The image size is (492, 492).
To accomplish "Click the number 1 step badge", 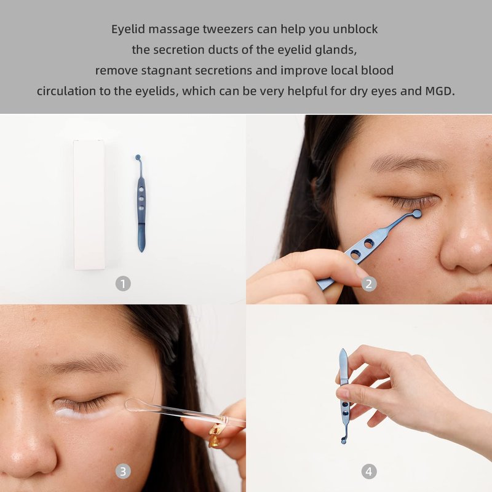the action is (x=123, y=284).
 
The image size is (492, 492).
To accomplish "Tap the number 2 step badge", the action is (x=369, y=284).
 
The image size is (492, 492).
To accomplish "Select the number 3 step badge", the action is (x=123, y=471).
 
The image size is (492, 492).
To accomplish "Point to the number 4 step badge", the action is (x=369, y=471).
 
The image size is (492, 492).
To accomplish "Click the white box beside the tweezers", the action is (x=89, y=205).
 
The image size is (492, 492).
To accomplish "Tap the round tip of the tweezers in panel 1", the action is (x=138, y=157).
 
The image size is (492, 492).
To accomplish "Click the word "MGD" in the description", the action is (x=439, y=91).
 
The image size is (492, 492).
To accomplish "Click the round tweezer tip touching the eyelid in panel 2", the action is (x=417, y=214).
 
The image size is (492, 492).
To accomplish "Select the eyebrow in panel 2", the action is (x=408, y=163).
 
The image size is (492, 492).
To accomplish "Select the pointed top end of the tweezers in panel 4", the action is (x=343, y=349).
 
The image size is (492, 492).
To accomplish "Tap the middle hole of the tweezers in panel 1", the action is (x=141, y=199).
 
